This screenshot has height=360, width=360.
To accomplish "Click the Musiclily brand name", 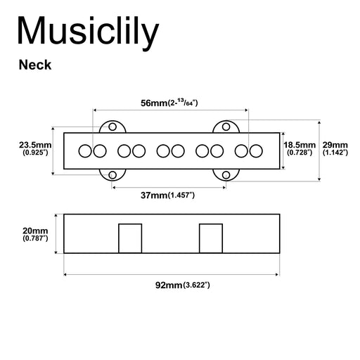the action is (88, 32).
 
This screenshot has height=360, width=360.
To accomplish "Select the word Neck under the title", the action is (35, 65).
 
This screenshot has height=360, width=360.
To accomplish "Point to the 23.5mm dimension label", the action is (35, 145).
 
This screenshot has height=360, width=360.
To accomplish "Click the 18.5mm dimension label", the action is (300, 145).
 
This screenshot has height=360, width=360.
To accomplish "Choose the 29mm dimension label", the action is (335, 145).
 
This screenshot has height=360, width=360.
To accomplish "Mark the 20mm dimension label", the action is (35, 231).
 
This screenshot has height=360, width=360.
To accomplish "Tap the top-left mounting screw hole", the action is (112, 127).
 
